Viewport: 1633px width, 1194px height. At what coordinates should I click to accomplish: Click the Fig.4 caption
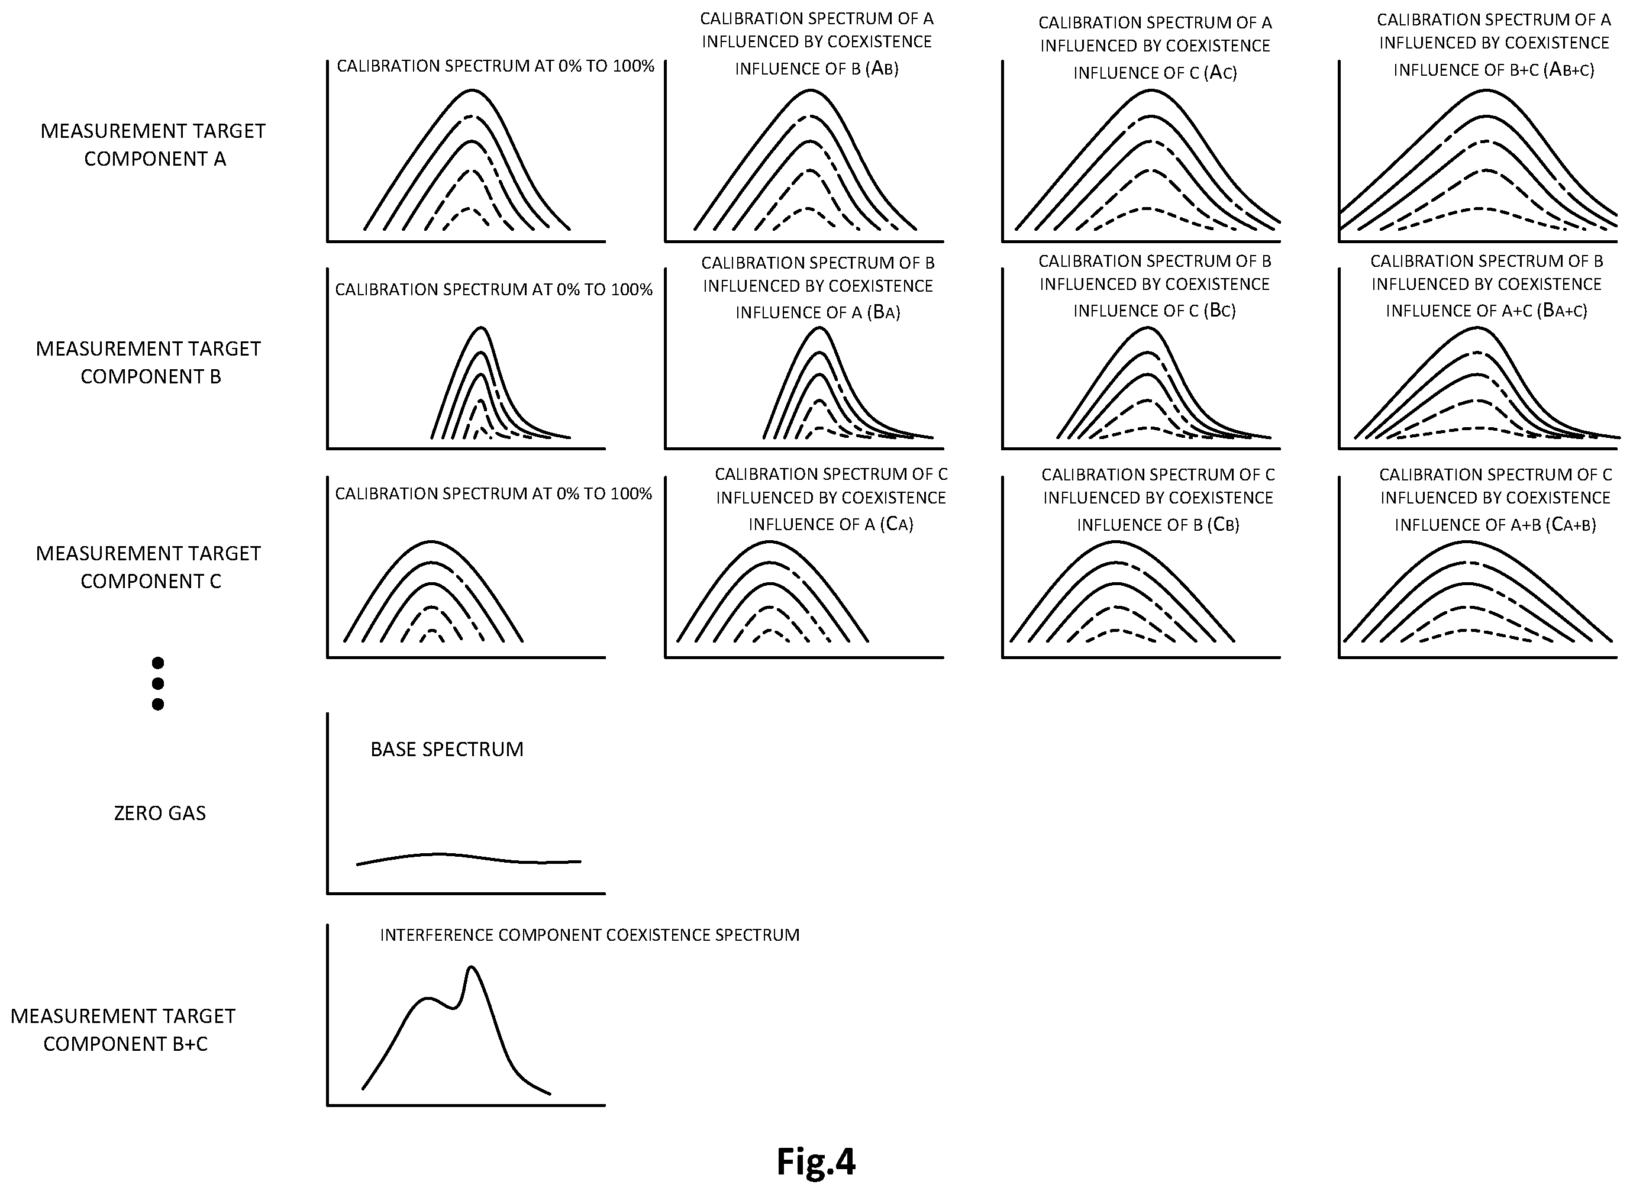816,1161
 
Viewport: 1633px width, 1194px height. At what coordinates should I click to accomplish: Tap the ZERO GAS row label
160,813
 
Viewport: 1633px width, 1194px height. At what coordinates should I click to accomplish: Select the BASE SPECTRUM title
447,749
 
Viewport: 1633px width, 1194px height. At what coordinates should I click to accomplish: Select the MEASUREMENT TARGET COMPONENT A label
153,144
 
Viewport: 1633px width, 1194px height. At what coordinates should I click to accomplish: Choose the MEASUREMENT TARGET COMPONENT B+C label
124,1030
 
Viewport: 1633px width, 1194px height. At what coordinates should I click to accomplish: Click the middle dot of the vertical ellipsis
158,683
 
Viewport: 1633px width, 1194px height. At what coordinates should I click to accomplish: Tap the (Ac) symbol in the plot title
1221,72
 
